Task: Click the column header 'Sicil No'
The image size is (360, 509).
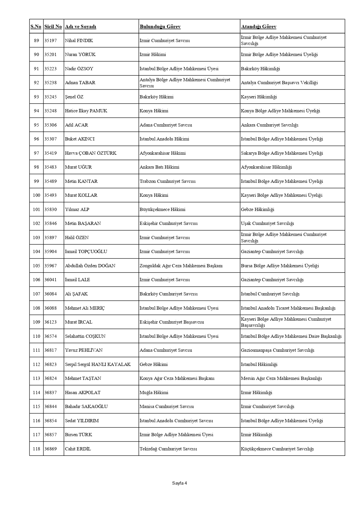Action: [53, 27]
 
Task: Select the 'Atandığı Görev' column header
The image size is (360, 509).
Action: [258, 27]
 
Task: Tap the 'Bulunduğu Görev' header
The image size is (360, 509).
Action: [160, 27]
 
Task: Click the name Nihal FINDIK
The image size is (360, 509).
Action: [79, 41]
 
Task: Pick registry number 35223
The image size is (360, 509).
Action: [51, 69]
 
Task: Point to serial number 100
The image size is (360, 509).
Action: [36, 195]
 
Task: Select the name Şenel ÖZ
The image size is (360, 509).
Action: [74, 97]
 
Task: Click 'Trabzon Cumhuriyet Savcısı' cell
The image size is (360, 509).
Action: [168, 181]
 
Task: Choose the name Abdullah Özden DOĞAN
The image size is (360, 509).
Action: [90, 266]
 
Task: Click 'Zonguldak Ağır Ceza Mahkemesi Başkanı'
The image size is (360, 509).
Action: [181, 266]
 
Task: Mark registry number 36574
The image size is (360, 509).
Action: [51, 336]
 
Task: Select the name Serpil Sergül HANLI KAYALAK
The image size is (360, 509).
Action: [98, 364]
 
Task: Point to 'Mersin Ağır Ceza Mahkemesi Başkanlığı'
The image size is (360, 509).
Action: [281, 378]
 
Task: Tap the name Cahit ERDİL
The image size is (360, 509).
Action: [78, 449]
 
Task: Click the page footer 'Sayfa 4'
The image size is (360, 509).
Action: [179, 483]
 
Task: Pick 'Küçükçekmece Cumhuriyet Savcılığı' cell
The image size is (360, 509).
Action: [277, 449]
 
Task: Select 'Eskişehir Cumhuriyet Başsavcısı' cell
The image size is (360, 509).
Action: [172, 322]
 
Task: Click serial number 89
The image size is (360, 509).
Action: [36, 41]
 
